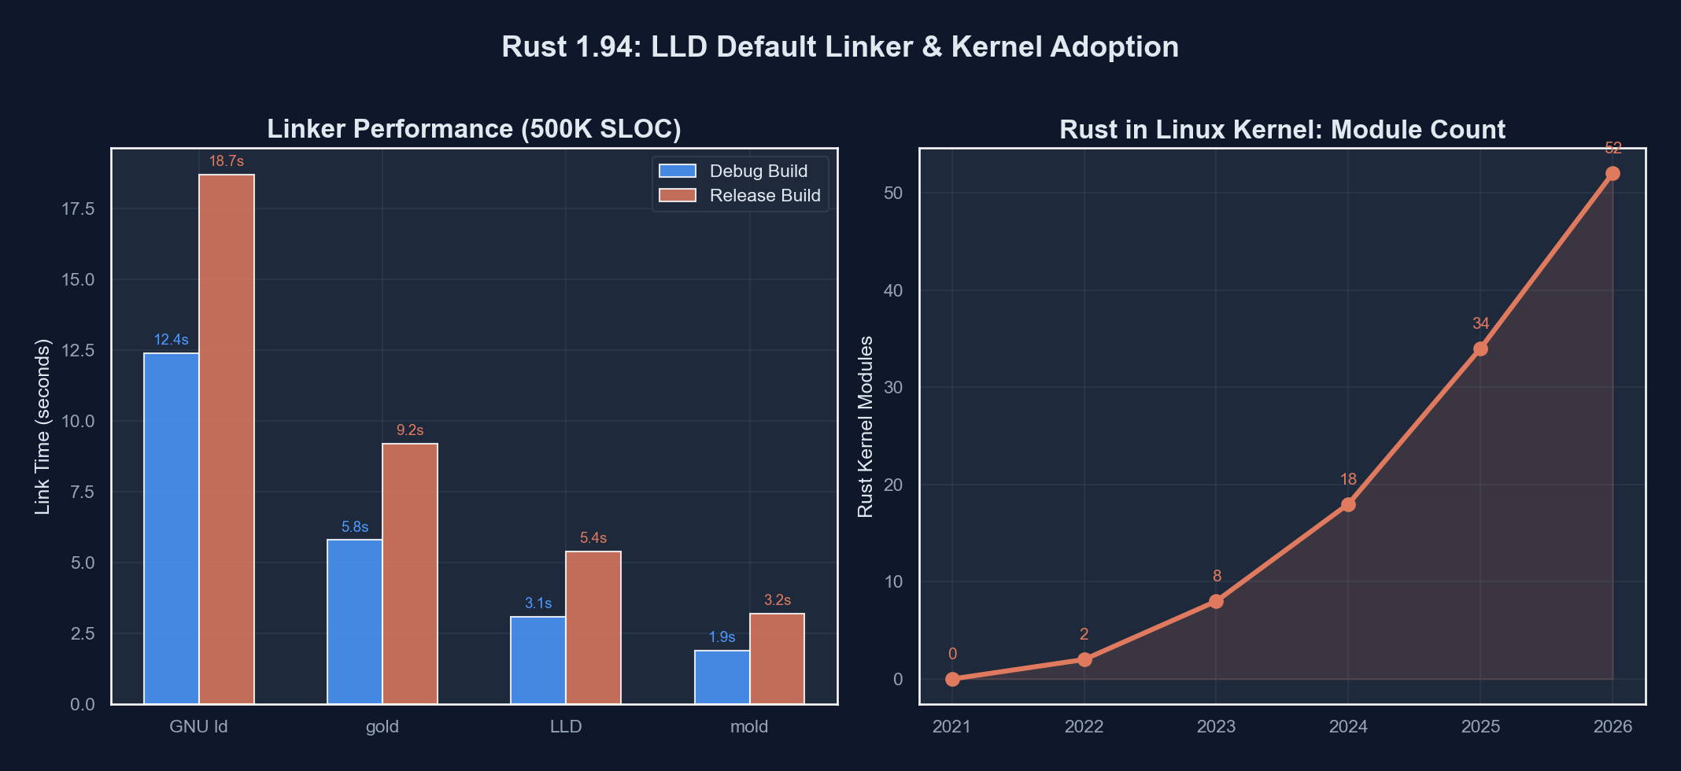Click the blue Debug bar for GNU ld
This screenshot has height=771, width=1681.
point(171,528)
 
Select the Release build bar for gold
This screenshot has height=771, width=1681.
point(410,574)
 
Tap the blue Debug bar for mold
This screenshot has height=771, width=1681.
point(722,677)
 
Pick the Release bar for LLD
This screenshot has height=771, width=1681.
point(593,627)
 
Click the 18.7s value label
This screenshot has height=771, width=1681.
point(227,161)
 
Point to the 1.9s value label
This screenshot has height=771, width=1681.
point(722,637)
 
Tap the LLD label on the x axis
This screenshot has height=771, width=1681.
point(566,726)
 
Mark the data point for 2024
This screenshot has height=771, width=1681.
point(1348,504)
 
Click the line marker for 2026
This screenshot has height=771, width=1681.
point(1613,174)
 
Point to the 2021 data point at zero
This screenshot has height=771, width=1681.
point(952,679)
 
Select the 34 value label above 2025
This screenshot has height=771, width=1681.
point(1480,323)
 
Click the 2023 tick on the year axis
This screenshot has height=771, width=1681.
point(1216,726)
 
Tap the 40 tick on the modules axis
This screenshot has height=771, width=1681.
point(892,290)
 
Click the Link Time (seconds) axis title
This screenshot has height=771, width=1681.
point(42,426)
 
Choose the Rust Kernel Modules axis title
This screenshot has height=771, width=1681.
point(865,426)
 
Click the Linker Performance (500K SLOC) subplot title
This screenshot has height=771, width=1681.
point(474,128)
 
